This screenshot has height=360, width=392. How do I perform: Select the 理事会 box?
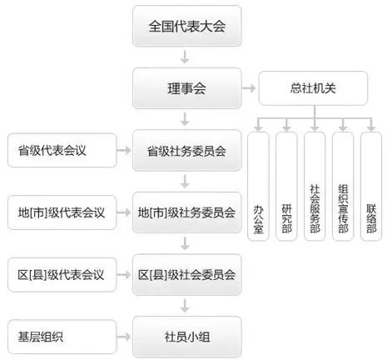coord(187,87)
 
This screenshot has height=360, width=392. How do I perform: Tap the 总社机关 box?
coord(314,87)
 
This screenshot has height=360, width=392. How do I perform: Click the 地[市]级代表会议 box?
coord(58,212)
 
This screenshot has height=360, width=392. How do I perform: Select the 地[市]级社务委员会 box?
coord(187,212)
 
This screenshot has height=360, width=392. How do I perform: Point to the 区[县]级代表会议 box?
coord(58,273)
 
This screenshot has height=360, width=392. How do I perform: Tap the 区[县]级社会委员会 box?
coord(187,273)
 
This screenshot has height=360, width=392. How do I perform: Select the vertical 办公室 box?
coord(258,187)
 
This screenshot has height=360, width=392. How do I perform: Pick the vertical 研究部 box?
coord(286,187)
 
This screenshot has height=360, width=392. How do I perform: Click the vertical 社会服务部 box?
coord(315,187)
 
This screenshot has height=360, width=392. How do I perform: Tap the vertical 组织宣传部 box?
coord(343,187)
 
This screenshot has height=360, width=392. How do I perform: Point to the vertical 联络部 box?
coord(371,187)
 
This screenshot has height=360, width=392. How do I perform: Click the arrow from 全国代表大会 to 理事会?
coord(187,57)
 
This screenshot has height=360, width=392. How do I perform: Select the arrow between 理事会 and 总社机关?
coord(249,87)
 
